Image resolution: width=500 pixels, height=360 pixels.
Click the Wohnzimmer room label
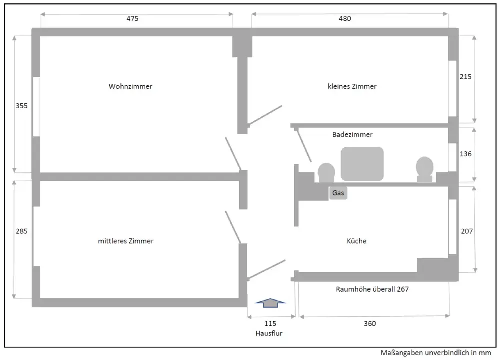coord(130,86)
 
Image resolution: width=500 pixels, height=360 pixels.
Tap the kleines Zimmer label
coord(352,86)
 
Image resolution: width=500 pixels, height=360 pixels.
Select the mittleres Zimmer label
coord(125,241)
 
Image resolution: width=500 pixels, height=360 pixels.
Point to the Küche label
coord(356,241)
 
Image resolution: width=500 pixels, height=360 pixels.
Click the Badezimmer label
coord(352,134)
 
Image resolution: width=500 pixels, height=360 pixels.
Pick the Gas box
coord(338,193)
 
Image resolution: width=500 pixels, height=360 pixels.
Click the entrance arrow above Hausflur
coord(270,301)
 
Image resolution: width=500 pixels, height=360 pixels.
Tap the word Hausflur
coord(269,333)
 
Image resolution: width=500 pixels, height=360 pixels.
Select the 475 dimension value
coord(132,19)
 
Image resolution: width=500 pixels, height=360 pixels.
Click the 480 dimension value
coord(345,19)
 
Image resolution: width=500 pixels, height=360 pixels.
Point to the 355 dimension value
coord(21,106)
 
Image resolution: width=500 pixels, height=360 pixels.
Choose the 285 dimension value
coord(21,231)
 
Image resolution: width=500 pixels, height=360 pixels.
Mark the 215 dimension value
coord(465,77)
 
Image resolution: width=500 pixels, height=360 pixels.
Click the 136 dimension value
coord(465,154)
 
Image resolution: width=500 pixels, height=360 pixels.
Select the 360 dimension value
coord(370,323)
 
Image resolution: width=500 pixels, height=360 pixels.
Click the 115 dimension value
coord(270,323)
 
